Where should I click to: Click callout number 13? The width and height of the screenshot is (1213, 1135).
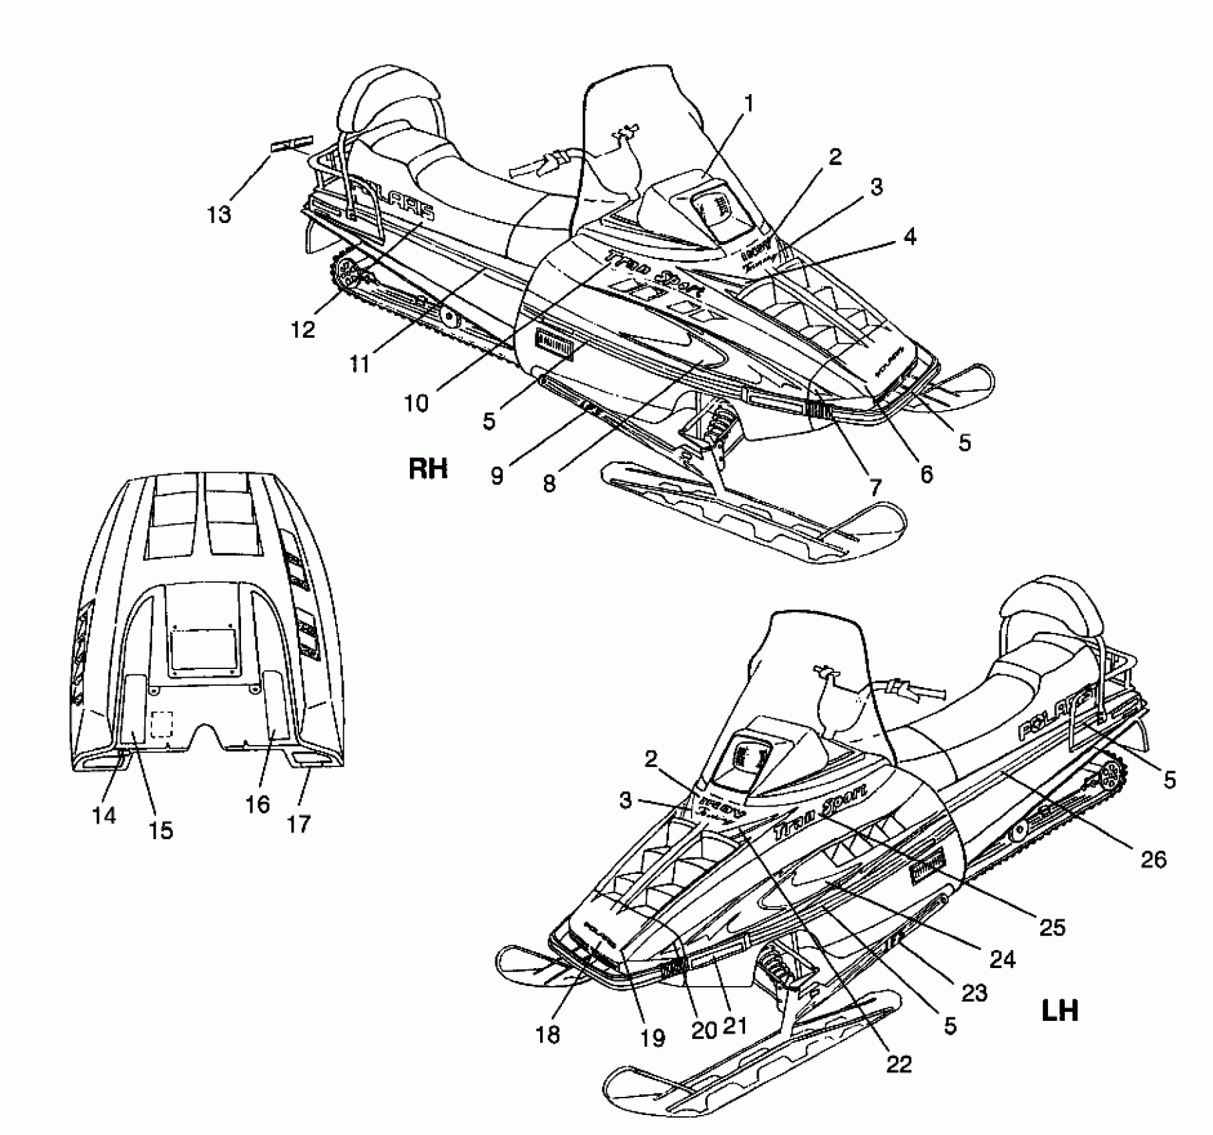219,214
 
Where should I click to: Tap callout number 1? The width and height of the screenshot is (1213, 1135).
748,103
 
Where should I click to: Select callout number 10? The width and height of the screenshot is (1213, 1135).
416,403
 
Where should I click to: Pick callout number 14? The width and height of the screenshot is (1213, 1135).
105,815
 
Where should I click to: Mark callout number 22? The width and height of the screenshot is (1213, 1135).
899,1064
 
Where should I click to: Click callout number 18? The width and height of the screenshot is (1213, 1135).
547,1034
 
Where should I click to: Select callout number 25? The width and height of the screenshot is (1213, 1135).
1052,927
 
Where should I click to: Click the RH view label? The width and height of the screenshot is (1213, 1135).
428,469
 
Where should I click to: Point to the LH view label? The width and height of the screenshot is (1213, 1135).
1060,1011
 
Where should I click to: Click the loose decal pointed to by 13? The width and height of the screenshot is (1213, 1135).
291,144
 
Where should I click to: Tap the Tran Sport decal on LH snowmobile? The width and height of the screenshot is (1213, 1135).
820,811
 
